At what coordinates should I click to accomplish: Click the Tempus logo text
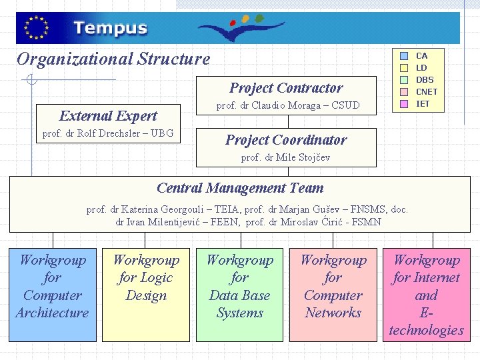tap(110, 29)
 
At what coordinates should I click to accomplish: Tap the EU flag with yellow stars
tap(36, 28)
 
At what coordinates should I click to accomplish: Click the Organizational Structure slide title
tap(113, 59)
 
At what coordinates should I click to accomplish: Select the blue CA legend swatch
tap(404, 56)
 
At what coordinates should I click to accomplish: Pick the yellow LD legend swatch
tap(404, 68)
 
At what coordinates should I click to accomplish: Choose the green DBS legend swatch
tap(404, 80)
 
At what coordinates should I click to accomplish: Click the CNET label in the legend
tap(427, 92)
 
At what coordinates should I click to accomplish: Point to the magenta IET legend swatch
tap(404, 104)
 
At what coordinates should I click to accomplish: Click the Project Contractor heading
tap(286, 88)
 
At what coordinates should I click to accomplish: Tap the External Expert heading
tap(108, 116)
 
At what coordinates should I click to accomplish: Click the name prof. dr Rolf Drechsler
tap(107, 133)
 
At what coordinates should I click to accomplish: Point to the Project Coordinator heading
tap(286, 140)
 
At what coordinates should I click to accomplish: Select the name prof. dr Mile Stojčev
tap(285, 157)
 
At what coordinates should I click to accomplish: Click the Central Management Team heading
tap(240, 188)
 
